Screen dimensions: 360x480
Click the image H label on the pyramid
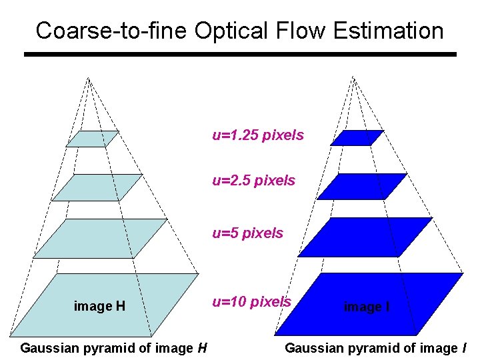click(99, 306)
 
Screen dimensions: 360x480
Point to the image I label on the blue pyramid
click(367, 307)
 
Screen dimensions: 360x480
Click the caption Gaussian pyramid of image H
click(113, 347)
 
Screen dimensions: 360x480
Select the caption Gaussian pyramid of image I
click(376, 347)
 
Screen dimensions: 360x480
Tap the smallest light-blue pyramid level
click(92, 138)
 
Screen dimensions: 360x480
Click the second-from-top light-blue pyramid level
click(97, 187)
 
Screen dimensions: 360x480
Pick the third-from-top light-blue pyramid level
click(100, 238)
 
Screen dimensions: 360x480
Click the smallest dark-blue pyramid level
click(357, 138)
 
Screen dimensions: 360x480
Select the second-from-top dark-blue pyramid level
click(362, 187)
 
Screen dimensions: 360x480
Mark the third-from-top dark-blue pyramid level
click(365, 237)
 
